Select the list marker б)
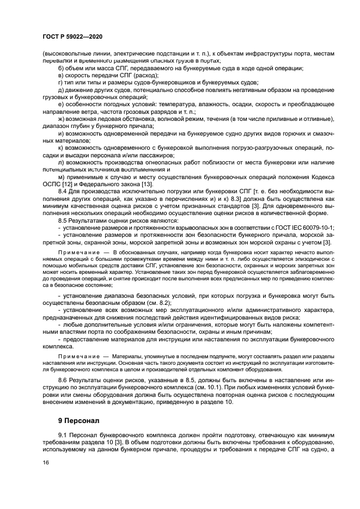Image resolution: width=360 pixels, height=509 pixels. (61, 69)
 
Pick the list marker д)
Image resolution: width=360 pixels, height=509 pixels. (61, 90)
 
